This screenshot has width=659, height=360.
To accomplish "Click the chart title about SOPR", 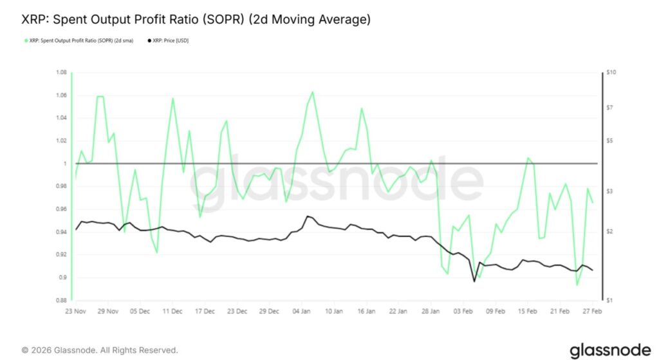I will click(x=196, y=20).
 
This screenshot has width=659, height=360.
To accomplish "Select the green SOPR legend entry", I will click(x=83, y=41).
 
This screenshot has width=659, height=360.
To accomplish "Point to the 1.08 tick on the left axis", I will click(x=61, y=73).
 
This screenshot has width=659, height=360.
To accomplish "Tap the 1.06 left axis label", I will click(x=61, y=95).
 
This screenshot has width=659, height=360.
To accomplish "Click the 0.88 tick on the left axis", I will click(x=61, y=300).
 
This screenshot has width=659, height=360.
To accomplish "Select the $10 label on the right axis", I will click(x=611, y=73).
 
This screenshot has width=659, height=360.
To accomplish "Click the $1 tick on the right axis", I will click(x=609, y=300).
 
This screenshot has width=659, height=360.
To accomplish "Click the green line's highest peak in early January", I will click(x=313, y=92).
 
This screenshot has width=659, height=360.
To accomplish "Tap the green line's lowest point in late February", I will click(x=577, y=284).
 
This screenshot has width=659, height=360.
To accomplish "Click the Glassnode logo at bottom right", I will click(x=610, y=350).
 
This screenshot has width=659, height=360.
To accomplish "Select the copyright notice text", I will click(x=100, y=350).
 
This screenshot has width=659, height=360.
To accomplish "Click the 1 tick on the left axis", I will click(x=64, y=164).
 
